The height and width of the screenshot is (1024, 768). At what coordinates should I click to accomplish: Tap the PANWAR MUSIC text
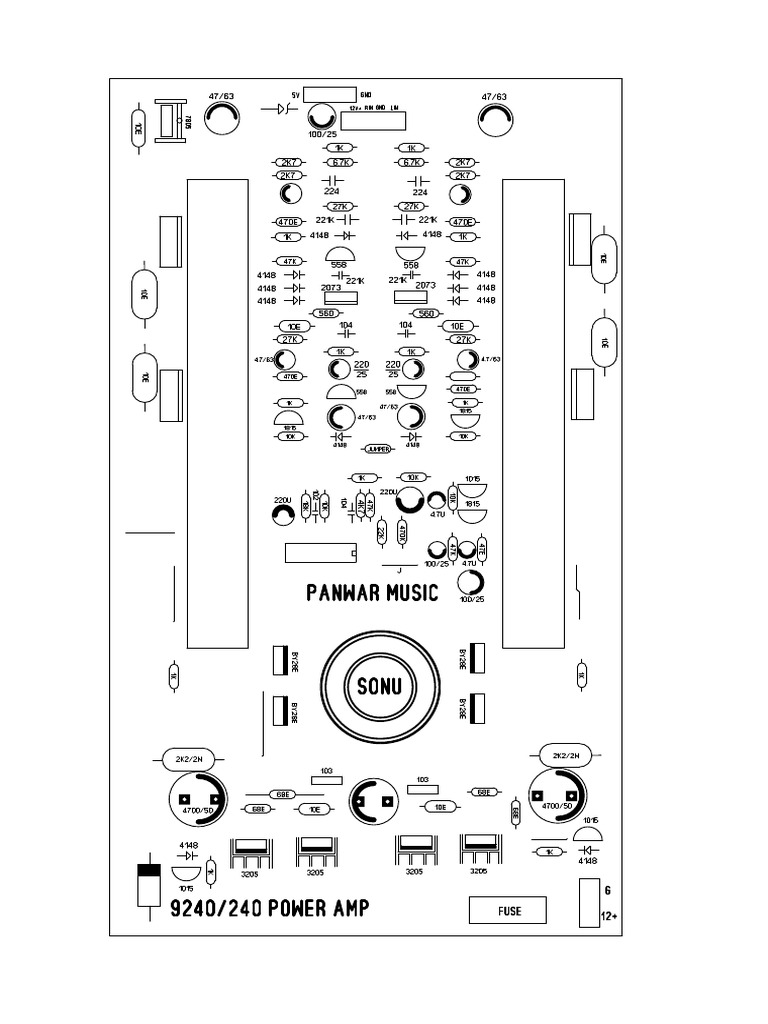(371, 593)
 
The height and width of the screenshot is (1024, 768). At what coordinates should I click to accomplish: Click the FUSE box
(508, 910)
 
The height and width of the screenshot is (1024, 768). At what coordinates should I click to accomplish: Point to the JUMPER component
(378, 450)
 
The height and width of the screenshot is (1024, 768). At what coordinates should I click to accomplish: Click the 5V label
(293, 93)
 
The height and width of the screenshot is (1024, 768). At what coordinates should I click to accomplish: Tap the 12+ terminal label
(609, 916)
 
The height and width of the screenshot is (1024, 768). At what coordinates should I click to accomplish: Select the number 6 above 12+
(607, 889)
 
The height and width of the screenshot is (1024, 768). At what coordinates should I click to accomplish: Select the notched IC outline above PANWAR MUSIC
(321, 552)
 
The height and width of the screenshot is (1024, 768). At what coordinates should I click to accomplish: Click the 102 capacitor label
(316, 496)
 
